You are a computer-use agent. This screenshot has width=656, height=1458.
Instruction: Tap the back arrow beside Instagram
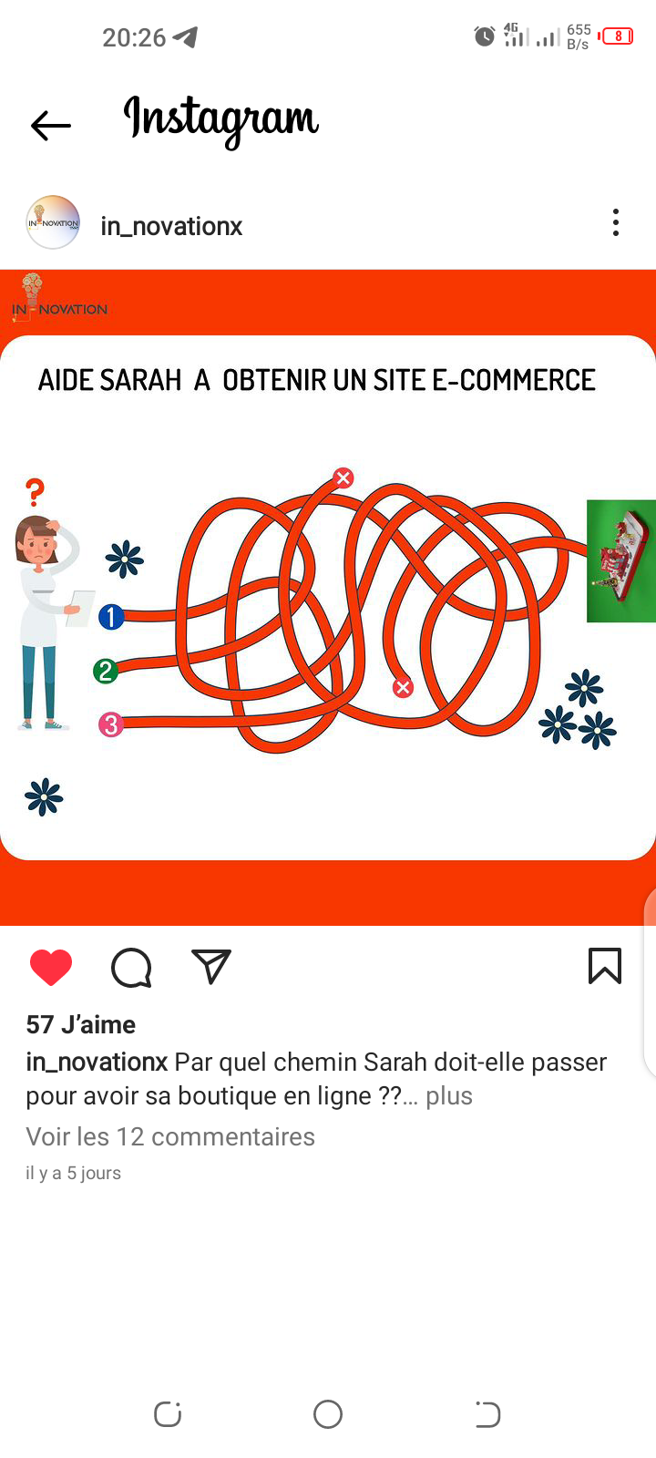click(51, 126)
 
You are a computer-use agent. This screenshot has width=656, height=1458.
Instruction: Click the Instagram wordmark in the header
click(221, 120)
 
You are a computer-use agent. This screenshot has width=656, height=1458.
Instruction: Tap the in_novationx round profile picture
click(53, 222)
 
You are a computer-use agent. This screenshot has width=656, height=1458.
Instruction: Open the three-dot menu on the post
click(616, 222)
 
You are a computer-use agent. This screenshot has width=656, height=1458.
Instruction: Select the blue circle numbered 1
click(111, 616)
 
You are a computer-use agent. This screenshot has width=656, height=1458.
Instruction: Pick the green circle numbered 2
click(106, 671)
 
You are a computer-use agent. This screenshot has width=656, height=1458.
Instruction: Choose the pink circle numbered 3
click(110, 724)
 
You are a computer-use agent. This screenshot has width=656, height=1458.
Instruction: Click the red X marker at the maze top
click(343, 477)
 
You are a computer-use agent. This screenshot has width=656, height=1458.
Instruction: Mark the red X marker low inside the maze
click(403, 687)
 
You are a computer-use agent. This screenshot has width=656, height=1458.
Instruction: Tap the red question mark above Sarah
click(36, 492)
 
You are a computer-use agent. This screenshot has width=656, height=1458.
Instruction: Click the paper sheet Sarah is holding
click(81, 608)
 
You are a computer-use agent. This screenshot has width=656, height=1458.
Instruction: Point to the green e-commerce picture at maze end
click(620, 561)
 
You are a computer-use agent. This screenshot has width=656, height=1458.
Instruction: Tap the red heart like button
click(51, 967)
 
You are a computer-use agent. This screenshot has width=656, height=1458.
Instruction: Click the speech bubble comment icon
click(131, 968)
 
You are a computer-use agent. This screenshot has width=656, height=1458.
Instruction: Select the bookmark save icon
click(605, 965)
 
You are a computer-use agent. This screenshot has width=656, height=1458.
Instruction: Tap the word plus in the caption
click(449, 1096)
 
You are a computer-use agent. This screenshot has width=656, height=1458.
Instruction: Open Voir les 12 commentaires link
click(170, 1136)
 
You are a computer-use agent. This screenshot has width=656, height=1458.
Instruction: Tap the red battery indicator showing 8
click(616, 36)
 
